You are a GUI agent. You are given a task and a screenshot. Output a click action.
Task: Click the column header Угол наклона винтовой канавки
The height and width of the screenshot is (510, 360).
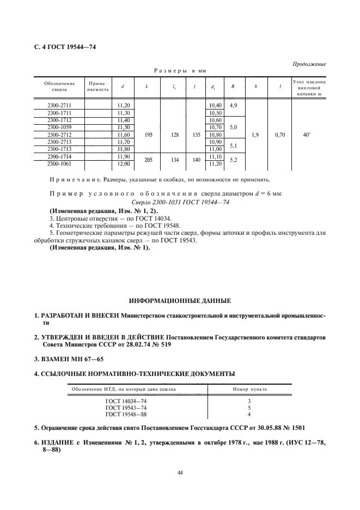click(309, 87)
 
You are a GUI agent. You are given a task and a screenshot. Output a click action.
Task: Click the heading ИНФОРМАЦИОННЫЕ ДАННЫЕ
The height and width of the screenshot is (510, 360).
click(179, 301)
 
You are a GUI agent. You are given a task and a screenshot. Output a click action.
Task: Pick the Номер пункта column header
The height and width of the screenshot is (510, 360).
click(249, 390)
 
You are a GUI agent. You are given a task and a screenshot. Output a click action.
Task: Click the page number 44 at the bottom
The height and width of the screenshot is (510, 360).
click(180, 472)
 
